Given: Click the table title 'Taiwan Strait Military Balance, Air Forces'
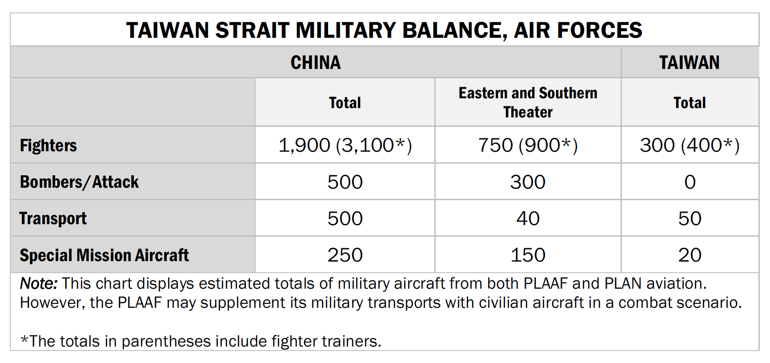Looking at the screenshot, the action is pos(384,30).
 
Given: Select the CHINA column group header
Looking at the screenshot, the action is pos(316,63).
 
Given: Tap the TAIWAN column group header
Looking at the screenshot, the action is pos(690,63).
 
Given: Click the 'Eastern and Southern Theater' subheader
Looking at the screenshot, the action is pos(528,102).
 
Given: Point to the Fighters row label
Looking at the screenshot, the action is pos(48,145).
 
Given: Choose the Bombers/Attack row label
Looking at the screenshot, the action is pos(79,182).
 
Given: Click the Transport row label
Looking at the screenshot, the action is pos(53,218).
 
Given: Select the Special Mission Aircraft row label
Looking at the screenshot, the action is pos(104,255).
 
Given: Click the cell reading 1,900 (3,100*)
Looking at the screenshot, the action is pos(345,145).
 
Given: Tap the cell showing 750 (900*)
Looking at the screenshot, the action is pos(528,145).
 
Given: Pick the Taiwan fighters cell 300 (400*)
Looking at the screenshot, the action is pos(690,145).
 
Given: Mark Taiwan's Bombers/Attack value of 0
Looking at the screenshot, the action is pos(690,182).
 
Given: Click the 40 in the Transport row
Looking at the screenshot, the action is pos(528,218).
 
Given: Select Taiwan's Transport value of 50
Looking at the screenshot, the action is pos(690,218).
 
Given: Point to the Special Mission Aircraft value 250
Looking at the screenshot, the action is pos(345,255).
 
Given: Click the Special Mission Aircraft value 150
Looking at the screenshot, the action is pos(528,255).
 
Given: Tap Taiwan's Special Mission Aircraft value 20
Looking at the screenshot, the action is pos(690,255).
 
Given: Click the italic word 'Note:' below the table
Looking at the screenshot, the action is pos(39,283).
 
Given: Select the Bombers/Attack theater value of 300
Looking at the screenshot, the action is pos(528,182).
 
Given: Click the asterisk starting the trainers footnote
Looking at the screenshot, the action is pos(24,340).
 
